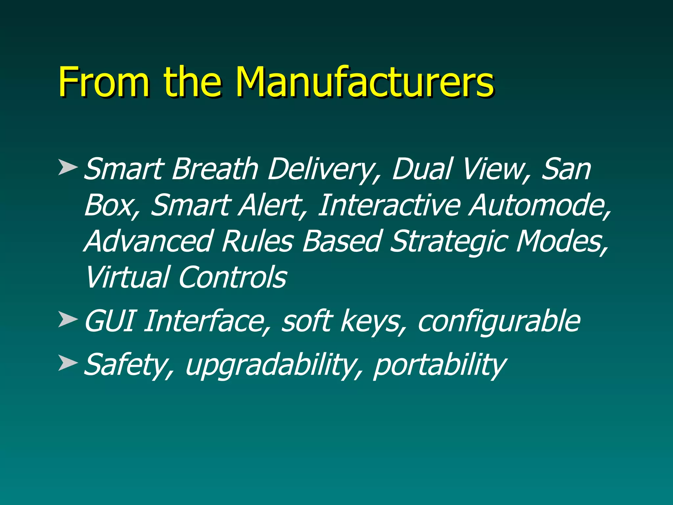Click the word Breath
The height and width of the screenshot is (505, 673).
pos(215,169)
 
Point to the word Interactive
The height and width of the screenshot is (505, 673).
pos(389,205)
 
